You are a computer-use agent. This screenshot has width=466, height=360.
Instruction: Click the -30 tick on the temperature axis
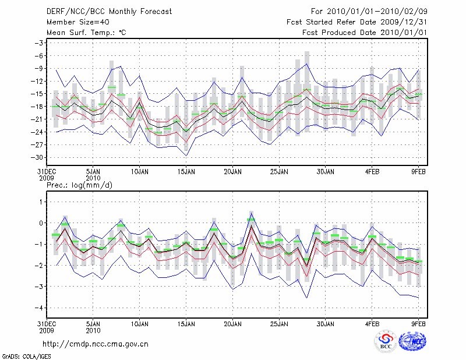tap(38, 157)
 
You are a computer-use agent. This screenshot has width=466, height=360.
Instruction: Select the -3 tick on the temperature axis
tap(40, 43)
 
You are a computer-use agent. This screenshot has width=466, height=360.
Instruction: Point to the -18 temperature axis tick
tap(38, 107)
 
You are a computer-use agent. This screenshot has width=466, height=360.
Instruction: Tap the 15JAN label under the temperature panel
tap(186, 172)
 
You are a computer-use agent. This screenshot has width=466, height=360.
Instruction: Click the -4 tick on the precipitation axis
tap(40, 308)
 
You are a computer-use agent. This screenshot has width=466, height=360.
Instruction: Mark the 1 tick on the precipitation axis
tap(42, 202)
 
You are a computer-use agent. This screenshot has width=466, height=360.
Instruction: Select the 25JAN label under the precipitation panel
tap(279, 322)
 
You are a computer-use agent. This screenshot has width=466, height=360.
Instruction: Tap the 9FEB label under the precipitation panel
tap(418, 322)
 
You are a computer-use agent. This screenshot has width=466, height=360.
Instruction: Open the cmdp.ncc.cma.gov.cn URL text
tap(95, 344)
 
